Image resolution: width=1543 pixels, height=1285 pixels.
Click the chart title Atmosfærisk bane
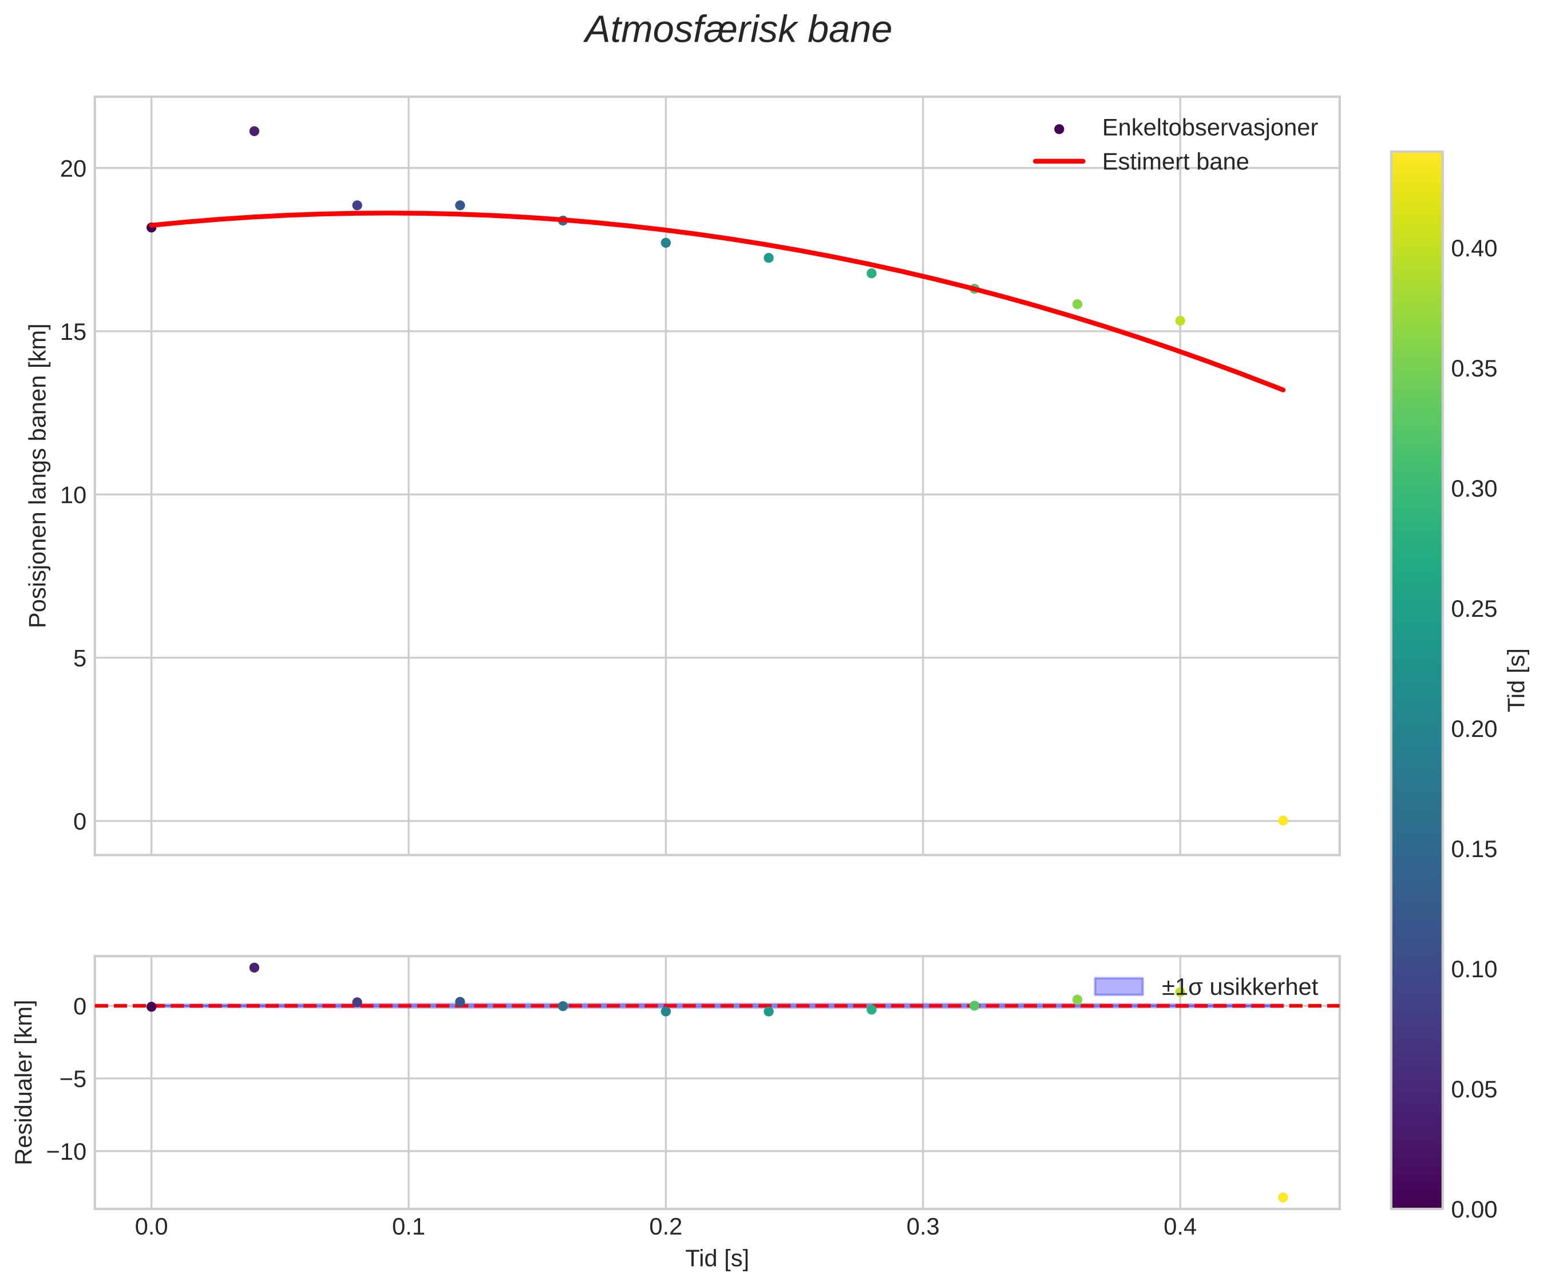click(738, 31)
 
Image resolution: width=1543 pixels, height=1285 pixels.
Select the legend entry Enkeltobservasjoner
click(1209, 128)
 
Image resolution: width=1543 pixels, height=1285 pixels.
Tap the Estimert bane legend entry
click(1175, 162)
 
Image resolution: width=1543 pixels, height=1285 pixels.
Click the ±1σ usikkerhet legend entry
click(1240, 987)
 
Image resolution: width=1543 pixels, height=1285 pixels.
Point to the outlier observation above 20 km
click(254, 132)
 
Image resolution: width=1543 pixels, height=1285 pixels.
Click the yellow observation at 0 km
click(1283, 820)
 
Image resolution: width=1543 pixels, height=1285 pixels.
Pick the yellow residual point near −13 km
click(1283, 1197)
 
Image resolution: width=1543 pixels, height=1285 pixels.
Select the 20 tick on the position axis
click(73, 169)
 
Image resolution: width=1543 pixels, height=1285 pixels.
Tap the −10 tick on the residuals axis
click(66, 1151)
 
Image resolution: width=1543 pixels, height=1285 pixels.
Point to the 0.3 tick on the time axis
click(923, 1228)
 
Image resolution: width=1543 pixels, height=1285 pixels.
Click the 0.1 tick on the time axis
click(409, 1228)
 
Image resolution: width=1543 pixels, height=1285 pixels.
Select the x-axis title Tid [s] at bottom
click(717, 1259)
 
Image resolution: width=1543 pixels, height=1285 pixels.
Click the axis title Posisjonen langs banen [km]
click(38, 475)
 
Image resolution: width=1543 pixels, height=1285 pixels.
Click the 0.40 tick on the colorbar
click(1474, 249)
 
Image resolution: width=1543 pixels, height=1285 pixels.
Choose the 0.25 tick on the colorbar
click(1474, 609)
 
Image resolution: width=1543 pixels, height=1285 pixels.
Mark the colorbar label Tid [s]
click(1518, 680)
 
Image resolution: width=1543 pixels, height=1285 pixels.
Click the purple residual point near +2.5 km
click(254, 967)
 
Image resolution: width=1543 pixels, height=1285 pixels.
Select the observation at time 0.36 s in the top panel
click(1077, 304)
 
